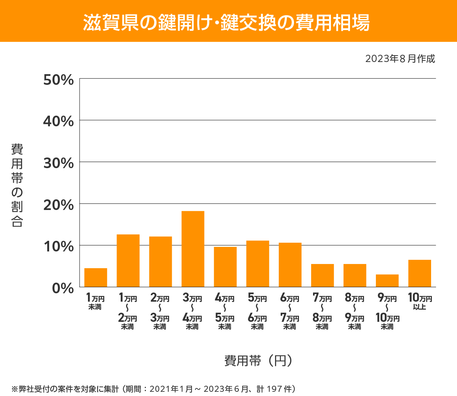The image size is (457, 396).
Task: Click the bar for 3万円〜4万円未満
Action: (193, 249)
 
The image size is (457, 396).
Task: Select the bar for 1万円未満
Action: (96, 277)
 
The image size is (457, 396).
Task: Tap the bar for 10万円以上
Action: (419, 273)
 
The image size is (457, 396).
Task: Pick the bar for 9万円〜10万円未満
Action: (387, 280)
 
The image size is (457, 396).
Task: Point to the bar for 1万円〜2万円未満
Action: (128, 261)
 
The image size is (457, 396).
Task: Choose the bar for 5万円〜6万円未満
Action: (257, 264)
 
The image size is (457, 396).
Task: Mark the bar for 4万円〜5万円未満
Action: (225, 267)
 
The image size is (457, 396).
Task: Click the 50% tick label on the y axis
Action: (58, 80)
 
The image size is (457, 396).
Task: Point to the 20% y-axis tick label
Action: (58, 205)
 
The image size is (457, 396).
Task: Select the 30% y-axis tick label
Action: (58, 163)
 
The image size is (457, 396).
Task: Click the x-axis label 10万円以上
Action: (420, 302)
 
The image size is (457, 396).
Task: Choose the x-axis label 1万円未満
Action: (95, 302)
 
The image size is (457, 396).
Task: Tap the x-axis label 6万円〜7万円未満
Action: (290, 312)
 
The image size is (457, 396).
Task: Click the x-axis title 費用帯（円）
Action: (258, 360)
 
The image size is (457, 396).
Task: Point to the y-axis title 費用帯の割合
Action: (17, 185)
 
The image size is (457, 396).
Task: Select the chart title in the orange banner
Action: (226, 22)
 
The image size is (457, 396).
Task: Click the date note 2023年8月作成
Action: (400, 59)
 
